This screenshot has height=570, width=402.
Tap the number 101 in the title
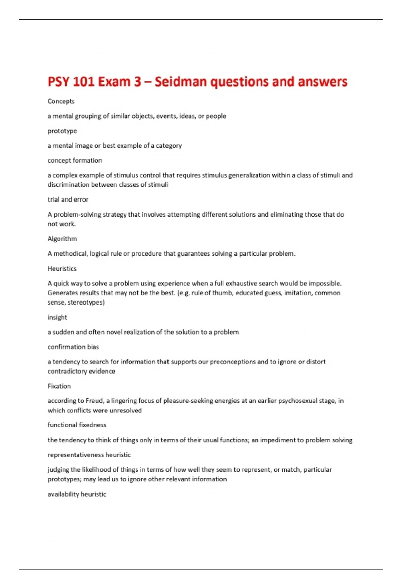click(83, 82)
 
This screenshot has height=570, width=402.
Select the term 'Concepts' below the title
click(61, 101)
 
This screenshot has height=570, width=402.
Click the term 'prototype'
click(62, 131)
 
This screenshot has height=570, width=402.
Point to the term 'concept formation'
click(75, 160)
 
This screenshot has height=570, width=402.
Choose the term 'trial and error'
click(68, 199)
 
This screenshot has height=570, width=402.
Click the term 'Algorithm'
click(62, 239)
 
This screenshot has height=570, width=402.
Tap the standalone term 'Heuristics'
click(62, 269)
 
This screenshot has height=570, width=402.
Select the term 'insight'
click(57, 317)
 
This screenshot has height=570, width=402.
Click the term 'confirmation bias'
click(73, 347)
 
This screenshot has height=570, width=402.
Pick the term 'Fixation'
click(59, 386)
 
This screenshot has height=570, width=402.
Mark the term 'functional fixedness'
click(77, 425)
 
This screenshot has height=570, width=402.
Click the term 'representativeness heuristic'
click(89, 455)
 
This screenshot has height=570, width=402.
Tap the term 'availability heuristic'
click(77, 494)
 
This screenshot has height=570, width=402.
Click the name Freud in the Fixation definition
click(94, 401)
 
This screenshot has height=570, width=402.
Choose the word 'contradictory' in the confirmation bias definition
click(67, 372)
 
